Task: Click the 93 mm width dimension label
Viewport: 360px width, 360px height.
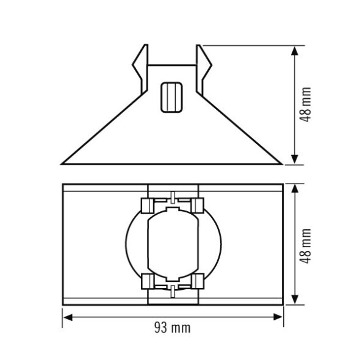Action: click(x=172, y=328)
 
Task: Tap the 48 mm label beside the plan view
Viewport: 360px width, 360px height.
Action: click(x=306, y=245)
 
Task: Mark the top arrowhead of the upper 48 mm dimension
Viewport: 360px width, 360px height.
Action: click(x=295, y=50)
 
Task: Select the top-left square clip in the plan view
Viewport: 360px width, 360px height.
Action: click(x=146, y=204)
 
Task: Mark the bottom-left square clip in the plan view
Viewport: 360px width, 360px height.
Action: click(x=146, y=281)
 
